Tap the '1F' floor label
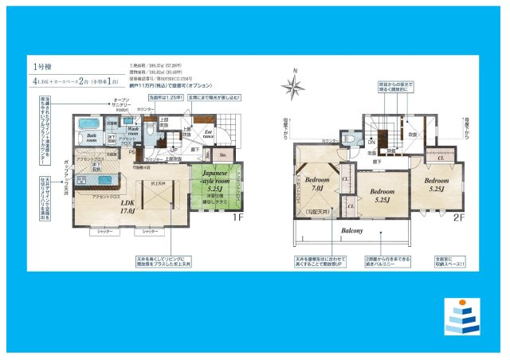(237, 217)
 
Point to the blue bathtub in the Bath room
(88, 127)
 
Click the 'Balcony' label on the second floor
(352, 231)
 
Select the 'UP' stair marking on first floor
(172, 148)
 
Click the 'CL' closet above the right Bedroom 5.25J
(441, 158)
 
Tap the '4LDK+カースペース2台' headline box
(76, 82)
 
